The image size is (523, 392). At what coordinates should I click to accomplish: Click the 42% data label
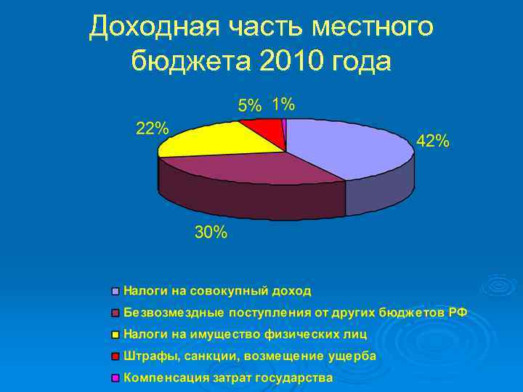point(432,142)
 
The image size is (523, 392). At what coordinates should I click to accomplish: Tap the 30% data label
point(211,233)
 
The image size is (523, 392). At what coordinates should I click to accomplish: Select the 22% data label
point(153,128)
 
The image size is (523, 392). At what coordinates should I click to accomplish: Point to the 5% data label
point(249,105)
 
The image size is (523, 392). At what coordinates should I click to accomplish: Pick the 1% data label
point(283,104)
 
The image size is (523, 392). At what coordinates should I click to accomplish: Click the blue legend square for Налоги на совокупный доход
point(115,292)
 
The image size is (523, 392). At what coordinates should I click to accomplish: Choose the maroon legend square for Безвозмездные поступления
point(115,314)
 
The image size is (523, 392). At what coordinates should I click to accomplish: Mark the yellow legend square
point(115,335)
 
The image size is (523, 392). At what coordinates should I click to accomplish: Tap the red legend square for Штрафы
point(115,357)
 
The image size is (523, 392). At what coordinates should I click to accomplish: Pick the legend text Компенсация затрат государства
point(228,378)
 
